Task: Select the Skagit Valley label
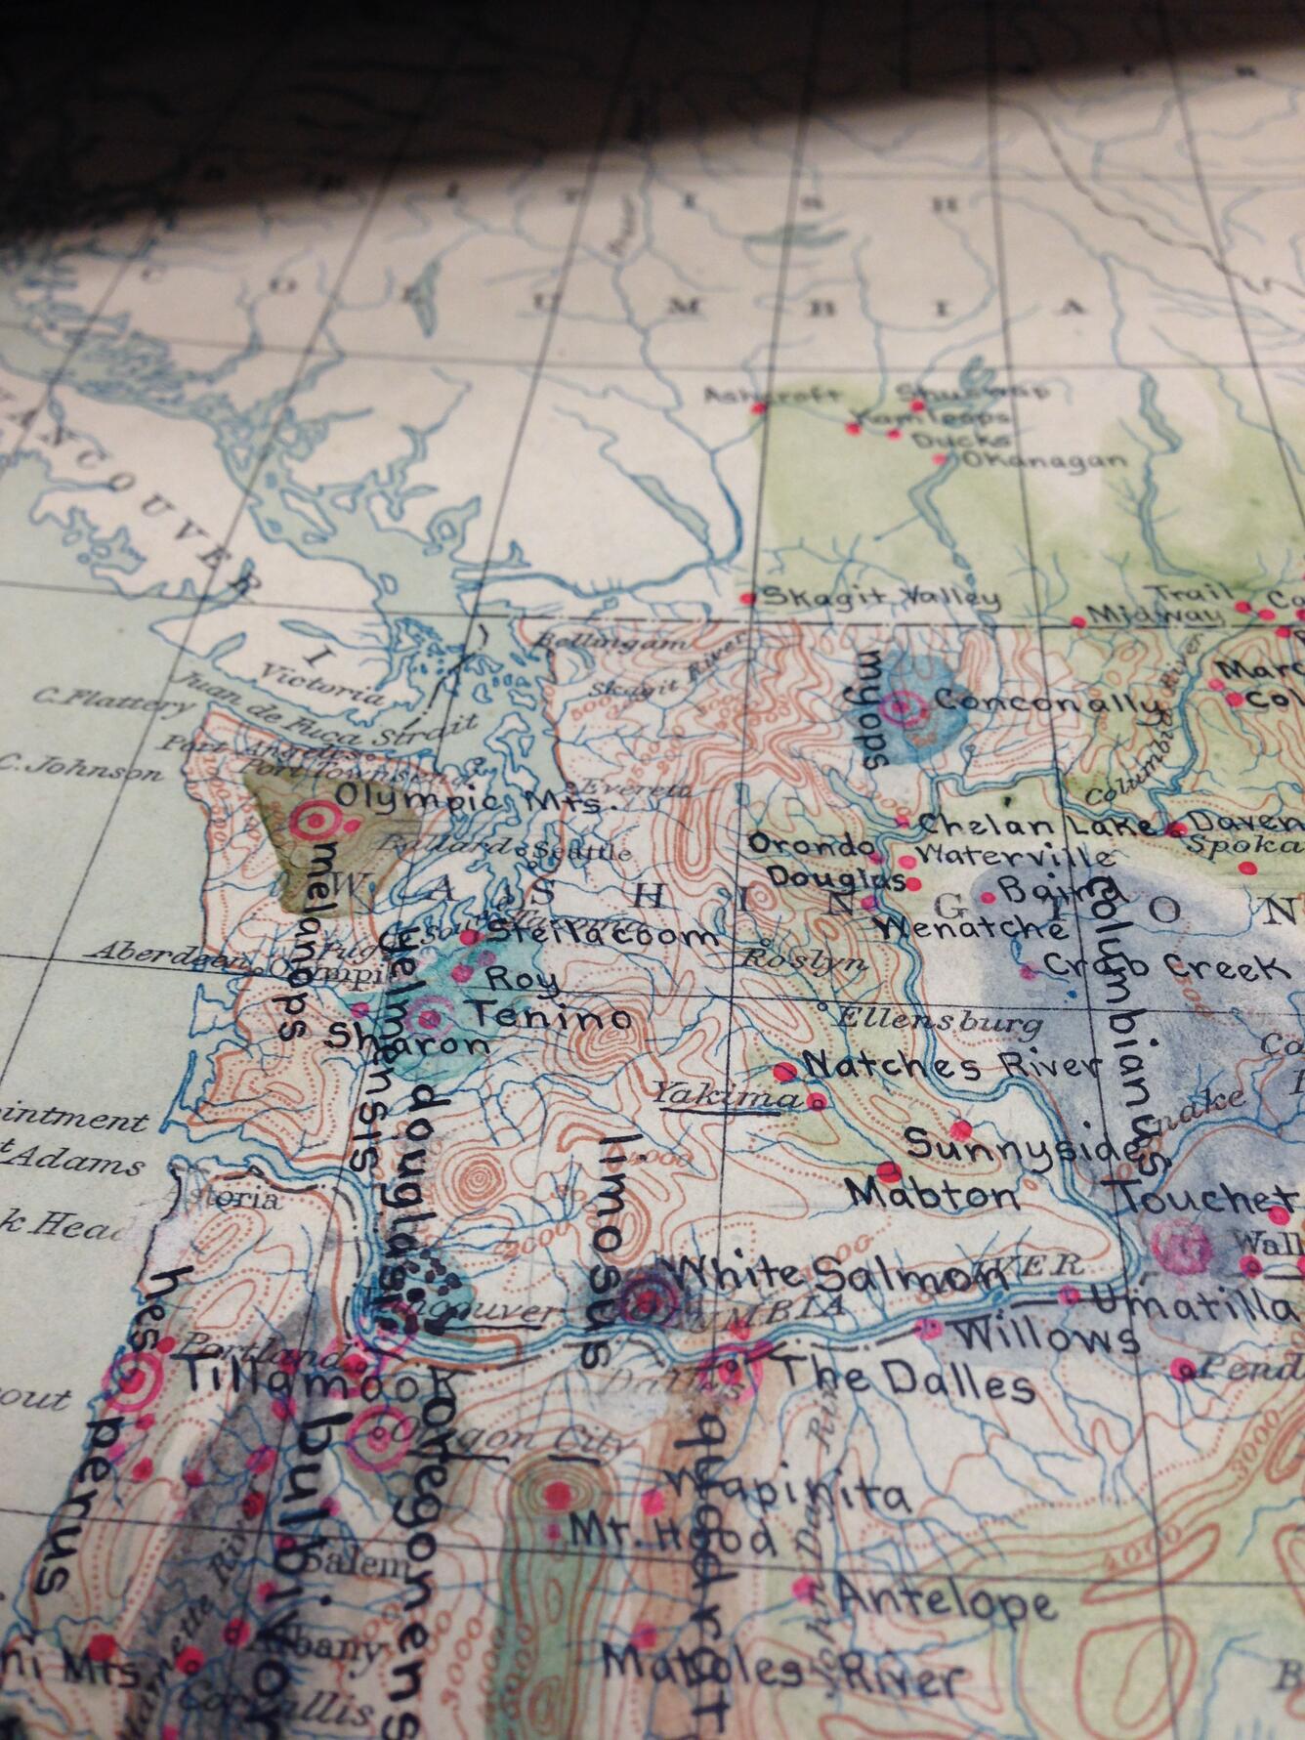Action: click(x=880, y=598)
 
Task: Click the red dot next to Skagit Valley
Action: click(x=748, y=597)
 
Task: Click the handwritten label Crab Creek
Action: click(x=1162, y=967)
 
